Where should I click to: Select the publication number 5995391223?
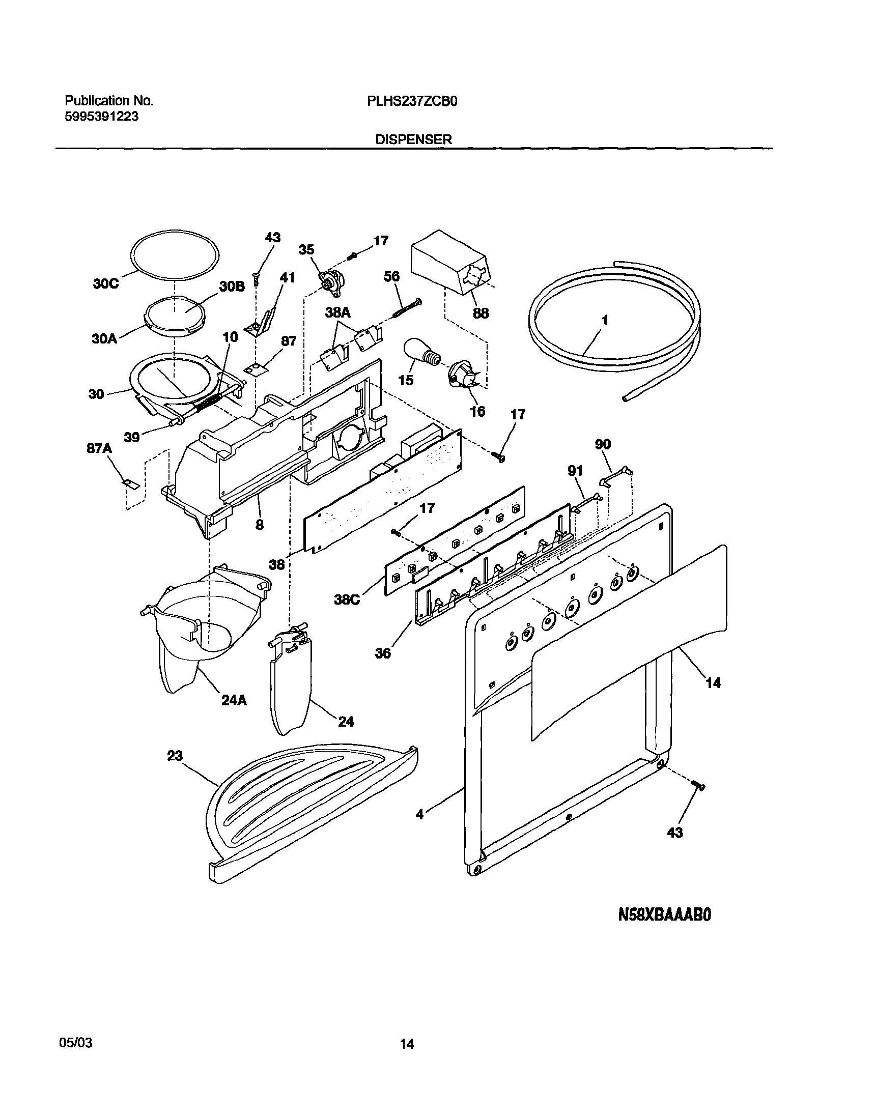tap(101, 117)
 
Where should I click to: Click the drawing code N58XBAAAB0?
tap(665, 914)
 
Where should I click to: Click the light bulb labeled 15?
tap(421, 354)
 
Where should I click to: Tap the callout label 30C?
tap(106, 284)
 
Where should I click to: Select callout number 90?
tap(603, 444)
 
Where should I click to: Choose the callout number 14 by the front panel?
tap(713, 683)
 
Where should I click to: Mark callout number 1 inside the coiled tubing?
tap(605, 320)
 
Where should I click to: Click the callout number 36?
tap(383, 653)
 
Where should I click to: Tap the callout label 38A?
tap(338, 312)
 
